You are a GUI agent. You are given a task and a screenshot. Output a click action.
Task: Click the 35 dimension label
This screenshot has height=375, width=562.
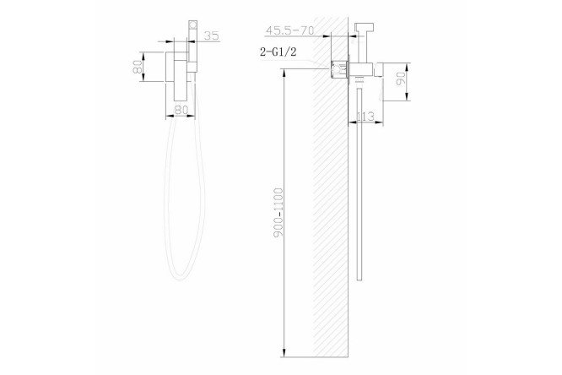pos(212,35)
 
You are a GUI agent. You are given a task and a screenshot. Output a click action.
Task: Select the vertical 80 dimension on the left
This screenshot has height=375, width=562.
pos(138,67)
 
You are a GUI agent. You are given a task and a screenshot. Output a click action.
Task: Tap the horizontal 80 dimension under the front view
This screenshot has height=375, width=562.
pos(181,110)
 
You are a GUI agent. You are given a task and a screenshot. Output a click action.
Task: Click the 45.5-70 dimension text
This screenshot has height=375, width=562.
pos(289,30)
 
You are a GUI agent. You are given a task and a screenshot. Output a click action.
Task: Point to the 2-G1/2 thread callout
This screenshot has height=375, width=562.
pos(278,52)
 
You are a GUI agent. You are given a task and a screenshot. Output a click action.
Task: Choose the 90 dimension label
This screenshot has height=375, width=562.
pos(401,79)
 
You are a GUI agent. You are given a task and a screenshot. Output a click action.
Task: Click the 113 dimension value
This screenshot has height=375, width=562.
pos(365,117)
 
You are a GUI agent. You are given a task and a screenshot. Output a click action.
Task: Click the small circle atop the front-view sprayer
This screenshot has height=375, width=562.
pos(193,25)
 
